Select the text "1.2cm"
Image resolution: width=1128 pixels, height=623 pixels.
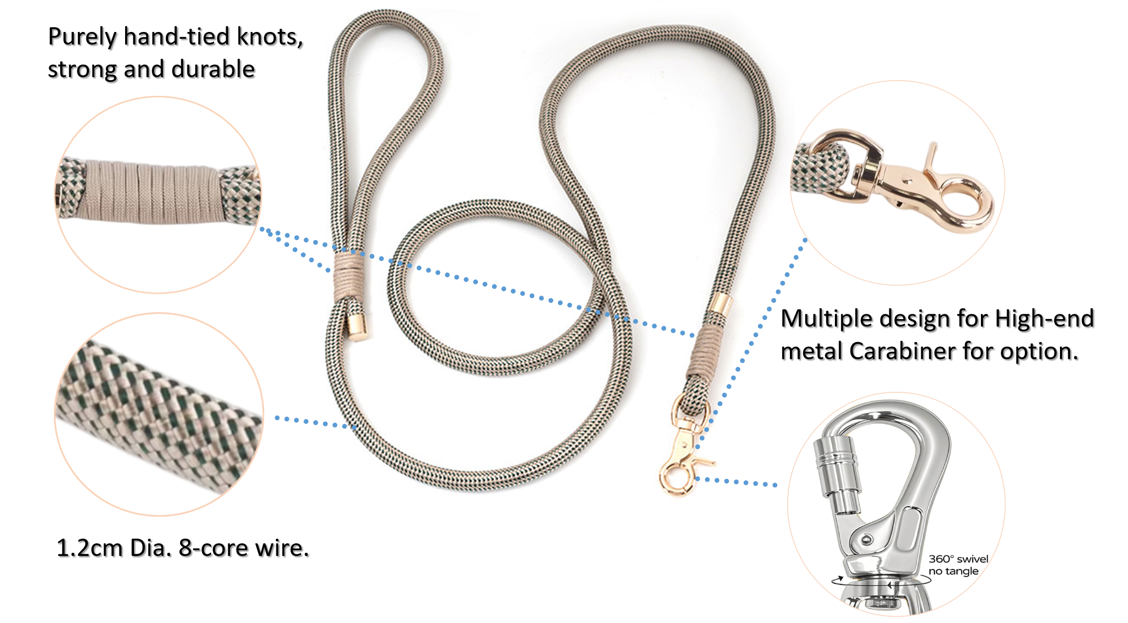click(90, 548)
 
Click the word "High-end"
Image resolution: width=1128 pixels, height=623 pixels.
click(1044, 319)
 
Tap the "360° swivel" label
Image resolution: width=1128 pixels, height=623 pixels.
click(958, 559)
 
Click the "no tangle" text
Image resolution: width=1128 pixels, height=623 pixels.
click(953, 571)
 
